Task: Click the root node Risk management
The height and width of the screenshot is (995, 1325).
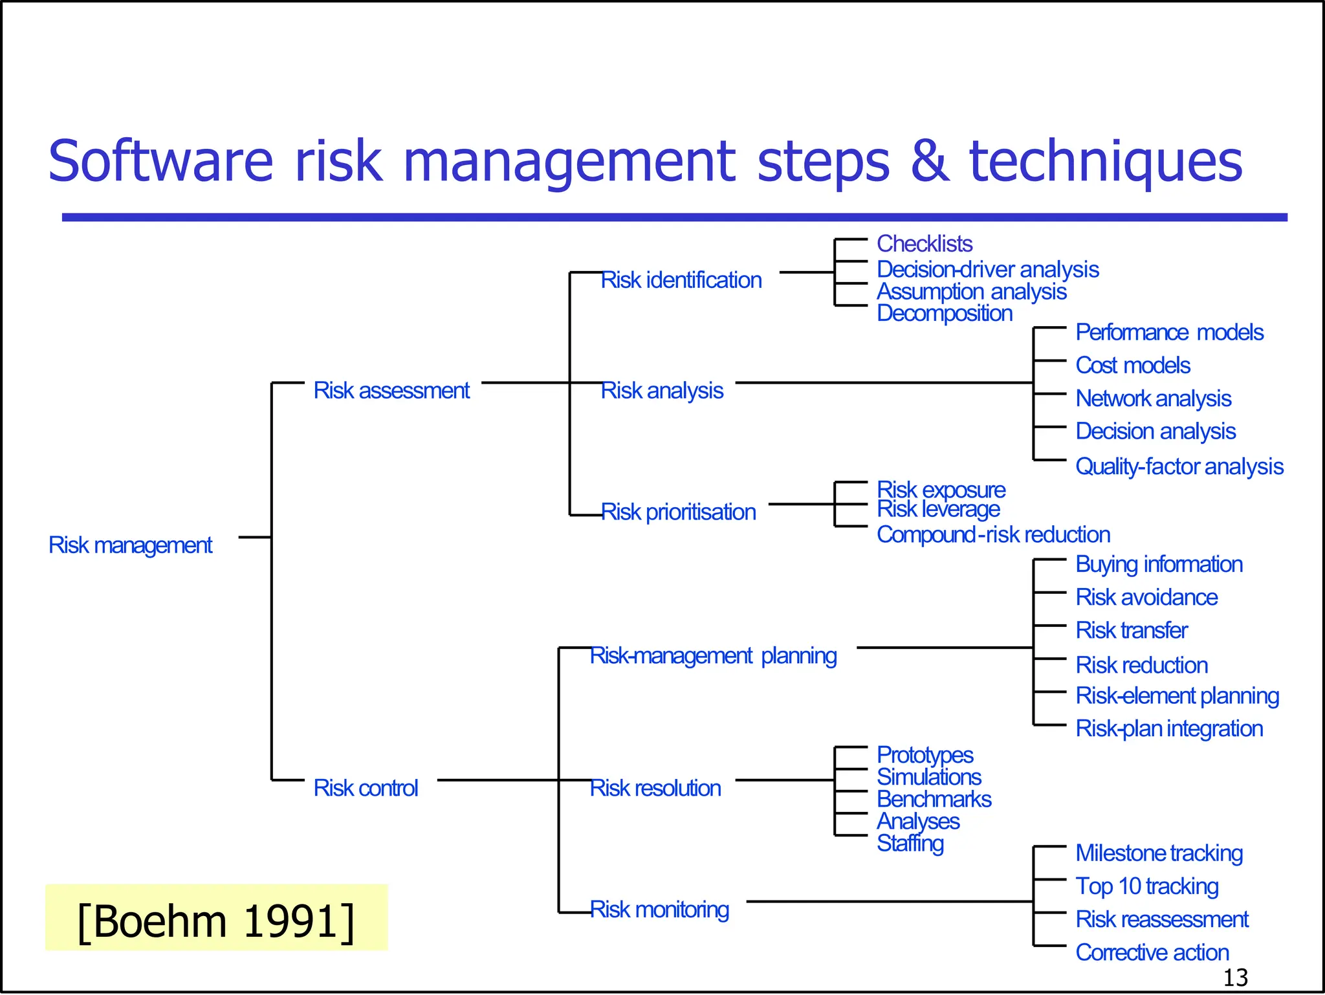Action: click(x=130, y=545)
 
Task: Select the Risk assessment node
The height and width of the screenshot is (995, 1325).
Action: click(x=391, y=391)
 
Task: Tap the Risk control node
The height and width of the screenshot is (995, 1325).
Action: click(x=366, y=788)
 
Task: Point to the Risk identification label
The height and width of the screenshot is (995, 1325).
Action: click(x=681, y=280)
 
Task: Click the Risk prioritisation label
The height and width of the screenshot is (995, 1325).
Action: click(x=678, y=512)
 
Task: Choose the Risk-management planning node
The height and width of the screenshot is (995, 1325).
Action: click(x=713, y=656)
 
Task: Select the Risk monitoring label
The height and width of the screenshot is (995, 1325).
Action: click(x=659, y=910)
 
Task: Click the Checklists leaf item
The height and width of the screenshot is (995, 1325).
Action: click(x=924, y=244)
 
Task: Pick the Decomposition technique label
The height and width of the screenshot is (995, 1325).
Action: click(x=944, y=313)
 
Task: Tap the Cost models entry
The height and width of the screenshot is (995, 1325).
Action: click(x=1132, y=366)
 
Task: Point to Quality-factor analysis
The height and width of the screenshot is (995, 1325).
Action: click(x=1179, y=466)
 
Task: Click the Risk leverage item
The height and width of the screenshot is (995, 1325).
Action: click(x=937, y=510)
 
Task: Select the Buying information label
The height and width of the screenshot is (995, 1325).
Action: click(x=1158, y=564)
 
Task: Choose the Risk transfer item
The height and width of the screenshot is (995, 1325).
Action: click(x=1131, y=630)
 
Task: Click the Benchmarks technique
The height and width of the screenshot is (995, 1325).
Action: click(x=934, y=800)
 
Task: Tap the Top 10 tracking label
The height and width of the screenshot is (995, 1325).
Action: click(x=1146, y=886)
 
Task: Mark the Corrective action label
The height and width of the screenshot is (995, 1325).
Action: click(x=1152, y=952)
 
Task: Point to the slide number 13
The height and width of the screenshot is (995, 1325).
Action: click(x=1235, y=978)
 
